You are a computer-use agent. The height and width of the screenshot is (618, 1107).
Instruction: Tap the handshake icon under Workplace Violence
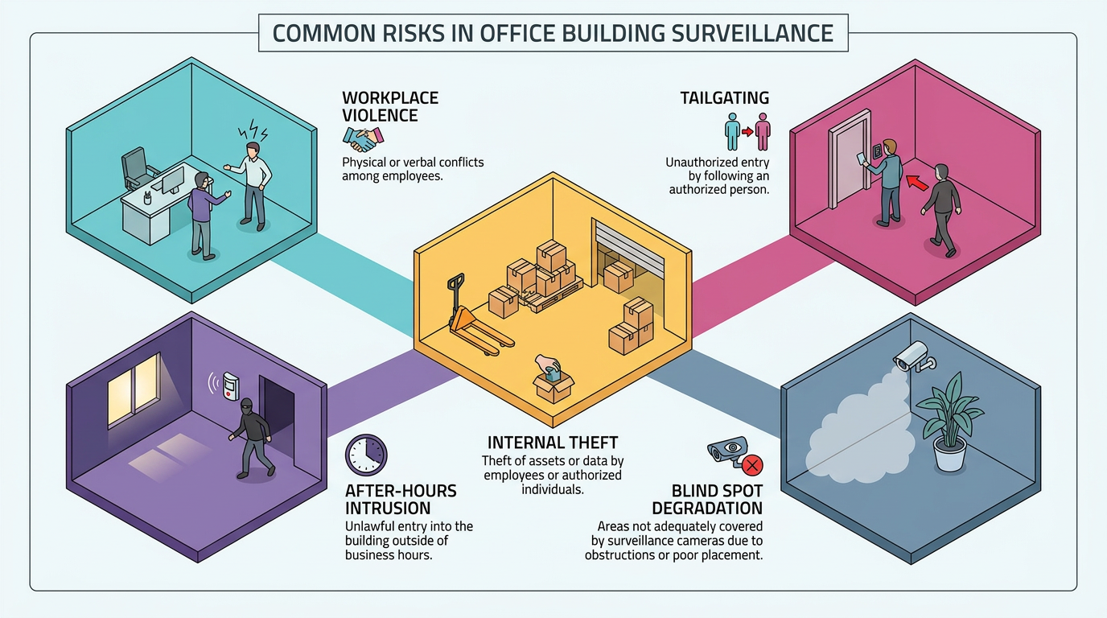click(x=364, y=139)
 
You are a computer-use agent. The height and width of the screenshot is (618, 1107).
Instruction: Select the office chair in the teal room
click(x=138, y=169)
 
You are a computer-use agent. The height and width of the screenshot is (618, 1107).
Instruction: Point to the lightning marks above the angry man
click(x=253, y=130)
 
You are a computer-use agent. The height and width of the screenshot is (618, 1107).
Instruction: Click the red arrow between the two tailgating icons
click(x=747, y=131)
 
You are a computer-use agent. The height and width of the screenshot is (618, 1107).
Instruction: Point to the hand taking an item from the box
click(x=548, y=367)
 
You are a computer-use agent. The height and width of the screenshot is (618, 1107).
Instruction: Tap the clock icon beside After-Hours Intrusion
click(x=366, y=455)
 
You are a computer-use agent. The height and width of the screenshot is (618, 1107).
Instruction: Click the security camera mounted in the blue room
click(x=914, y=356)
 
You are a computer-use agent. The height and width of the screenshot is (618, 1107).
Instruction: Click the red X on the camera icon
click(x=753, y=465)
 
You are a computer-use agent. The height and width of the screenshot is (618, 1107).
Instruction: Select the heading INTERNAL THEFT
click(x=553, y=442)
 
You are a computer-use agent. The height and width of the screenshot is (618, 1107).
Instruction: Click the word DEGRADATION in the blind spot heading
click(x=707, y=509)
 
